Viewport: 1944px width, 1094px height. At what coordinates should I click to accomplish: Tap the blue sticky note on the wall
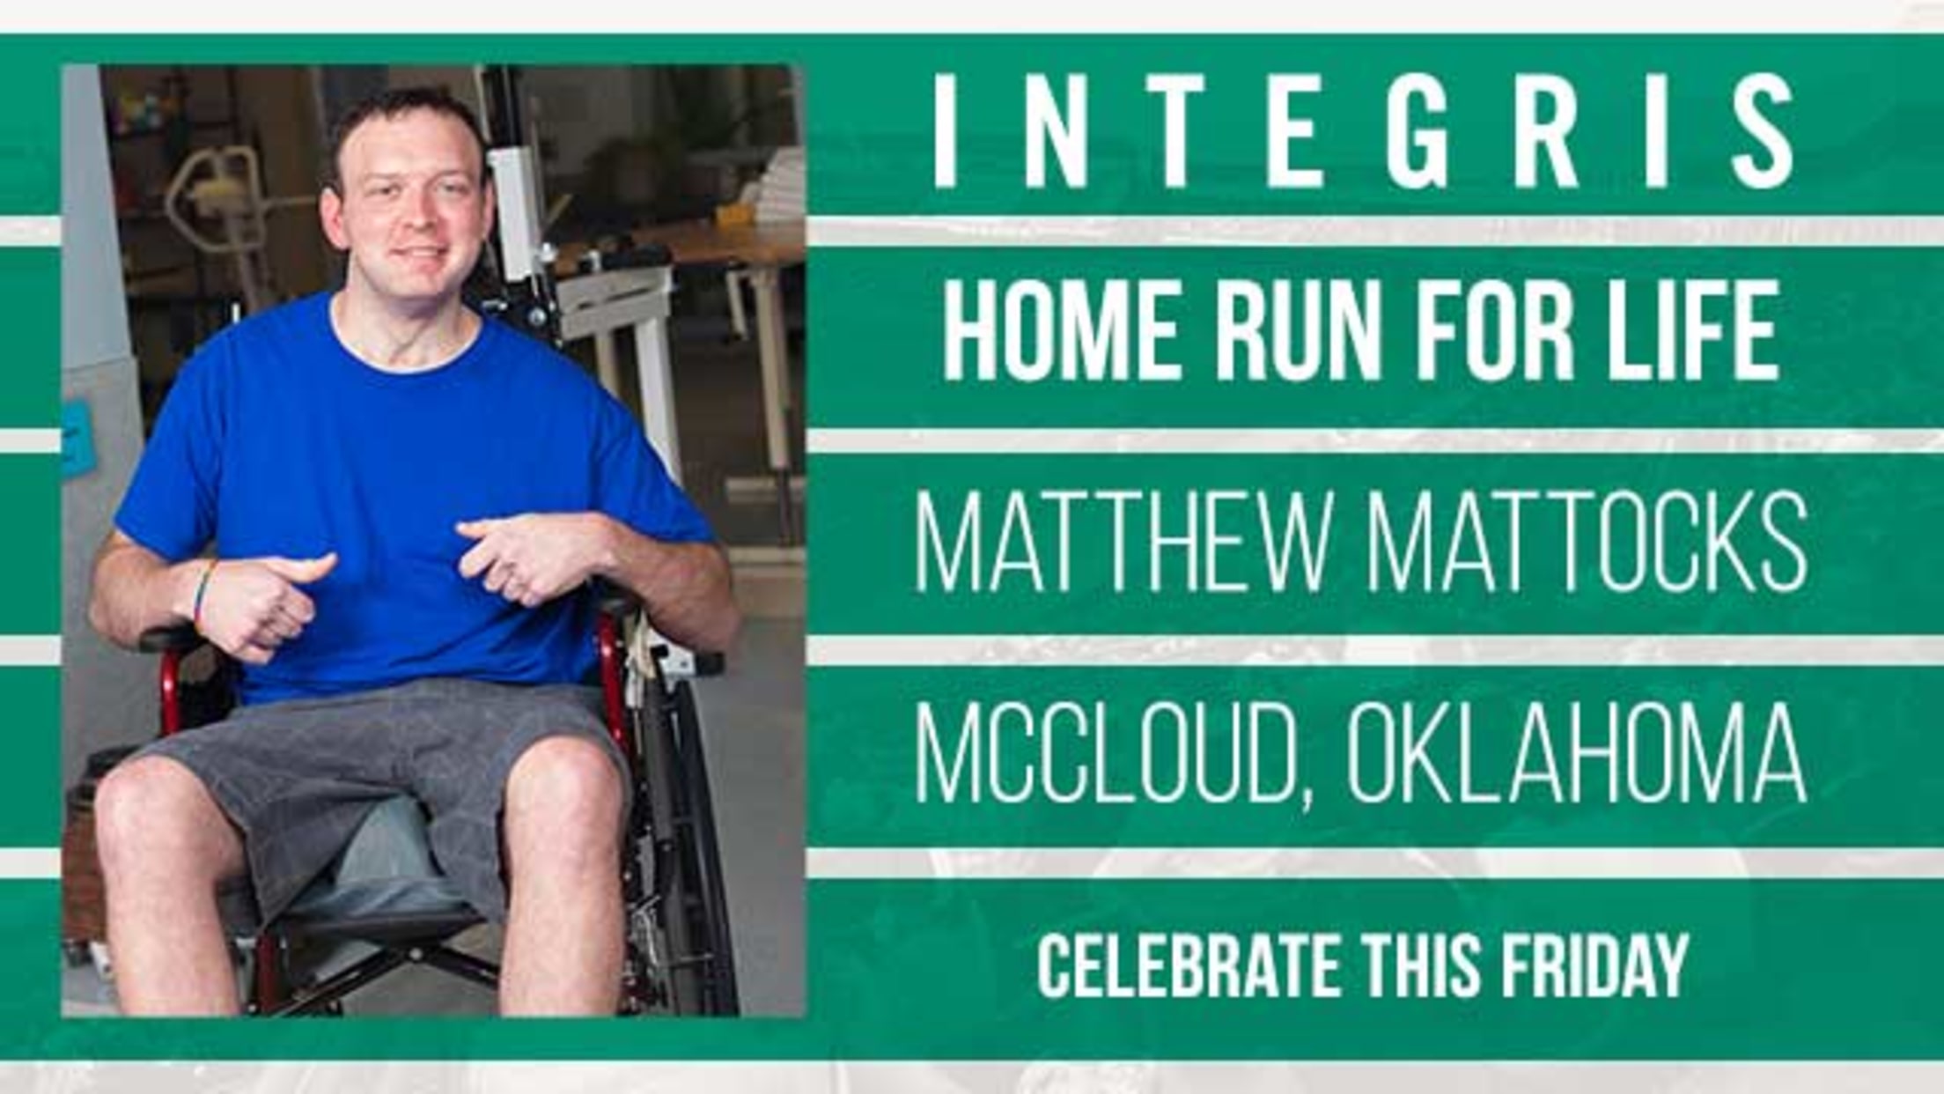[x=76, y=437]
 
